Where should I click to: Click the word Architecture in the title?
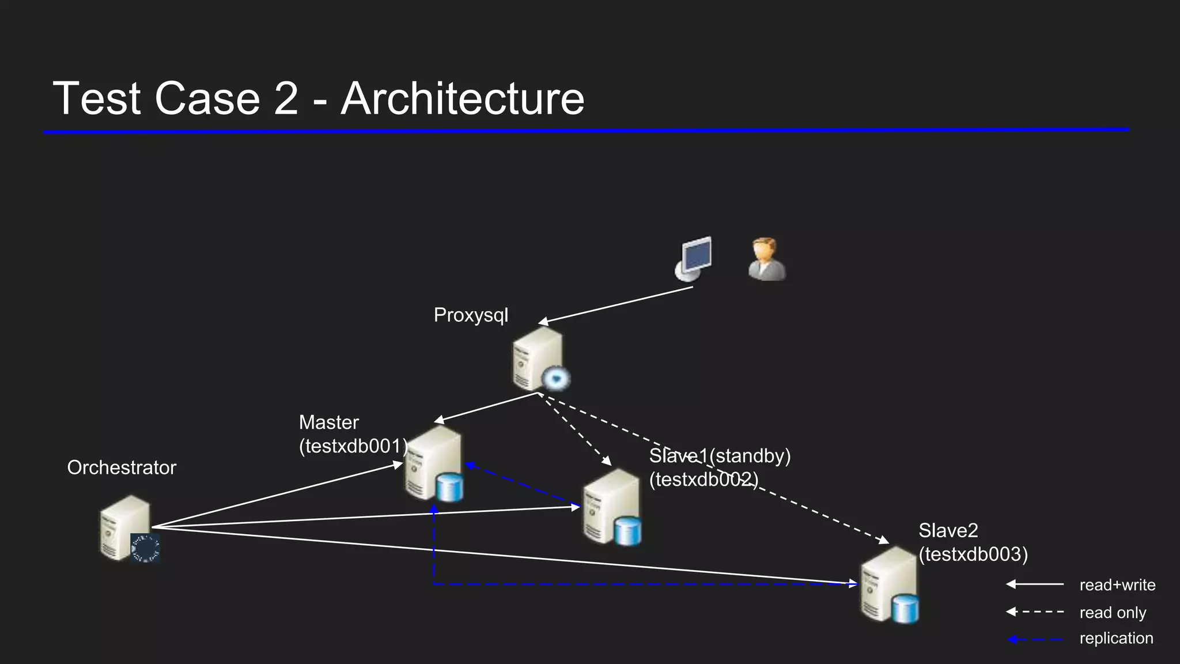[x=463, y=99]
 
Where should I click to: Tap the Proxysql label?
[x=471, y=315]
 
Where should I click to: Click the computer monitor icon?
[x=694, y=258]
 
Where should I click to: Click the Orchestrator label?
[x=122, y=467]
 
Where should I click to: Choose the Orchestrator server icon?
[x=125, y=527]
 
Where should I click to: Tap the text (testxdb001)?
[x=353, y=446]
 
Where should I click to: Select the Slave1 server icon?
[x=611, y=506]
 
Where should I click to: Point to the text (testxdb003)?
[x=973, y=554]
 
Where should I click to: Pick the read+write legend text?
[x=1117, y=585]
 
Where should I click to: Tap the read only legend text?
[x=1113, y=613]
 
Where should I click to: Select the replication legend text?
[x=1116, y=638]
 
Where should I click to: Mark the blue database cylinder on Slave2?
[x=905, y=610]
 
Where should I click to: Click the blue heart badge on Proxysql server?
[x=556, y=379]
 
